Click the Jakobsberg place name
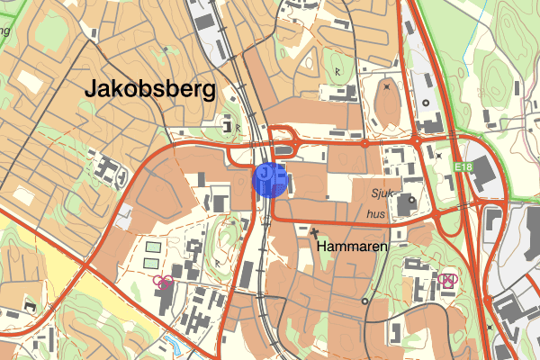point(149,89)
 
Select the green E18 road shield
point(463,167)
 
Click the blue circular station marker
point(270,179)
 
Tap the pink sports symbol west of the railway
point(163,282)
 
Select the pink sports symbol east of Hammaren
point(447,280)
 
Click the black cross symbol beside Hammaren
point(315,231)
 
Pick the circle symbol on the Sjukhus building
point(412,200)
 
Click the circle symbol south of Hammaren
point(364,301)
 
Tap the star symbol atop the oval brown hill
point(387,87)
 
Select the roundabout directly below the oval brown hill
point(364,142)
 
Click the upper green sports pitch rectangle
point(154,246)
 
